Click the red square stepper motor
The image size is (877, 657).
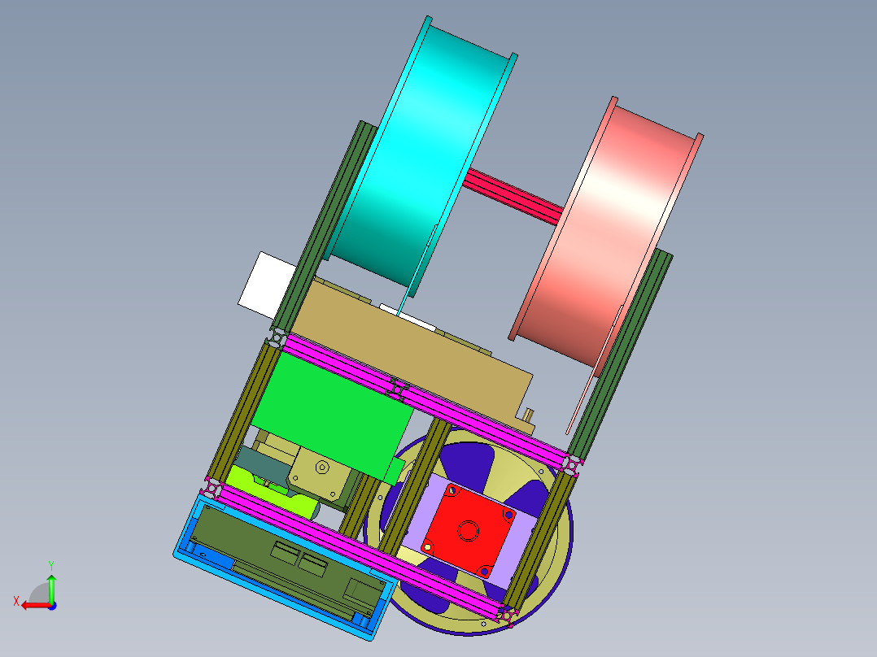tap(469, 531)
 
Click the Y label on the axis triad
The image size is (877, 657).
tap(51, 565)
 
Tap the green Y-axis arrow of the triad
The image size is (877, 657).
tap(51, 588)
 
